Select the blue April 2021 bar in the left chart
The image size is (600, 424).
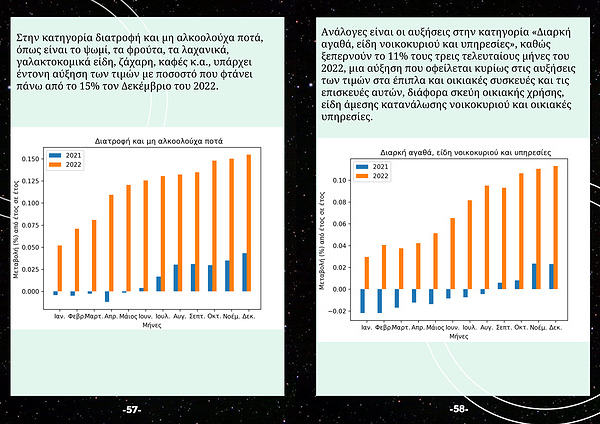coord(107,296)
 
